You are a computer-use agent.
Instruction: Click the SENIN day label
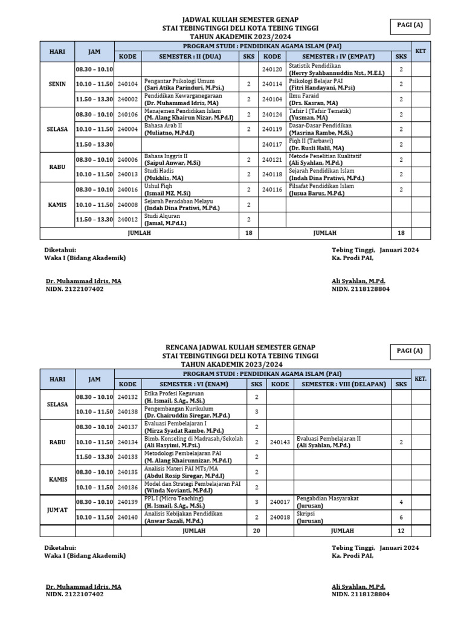pos(57,84)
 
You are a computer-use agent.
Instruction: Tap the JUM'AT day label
pos(57,508)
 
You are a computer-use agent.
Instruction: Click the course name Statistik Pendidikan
pos(315,66)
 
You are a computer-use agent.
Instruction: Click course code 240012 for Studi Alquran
pos(127,220)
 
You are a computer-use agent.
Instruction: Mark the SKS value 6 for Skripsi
pos(400,517)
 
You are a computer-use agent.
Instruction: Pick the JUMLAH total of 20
pos(257,530)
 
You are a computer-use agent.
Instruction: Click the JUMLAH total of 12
pos(400,530)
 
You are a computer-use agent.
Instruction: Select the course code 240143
pos(280,442)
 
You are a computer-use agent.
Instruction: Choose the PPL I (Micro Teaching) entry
pos(174,499)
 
